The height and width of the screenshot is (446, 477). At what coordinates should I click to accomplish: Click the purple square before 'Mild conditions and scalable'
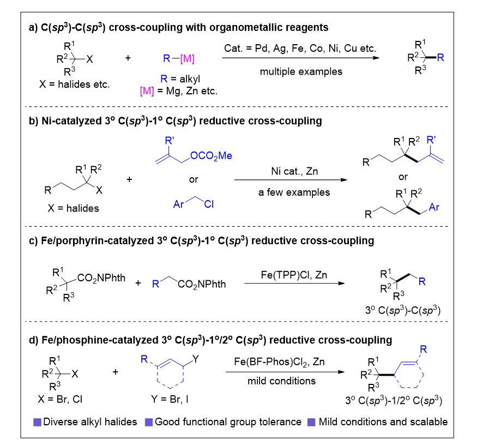pyautogui.click(x=312, y=422)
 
